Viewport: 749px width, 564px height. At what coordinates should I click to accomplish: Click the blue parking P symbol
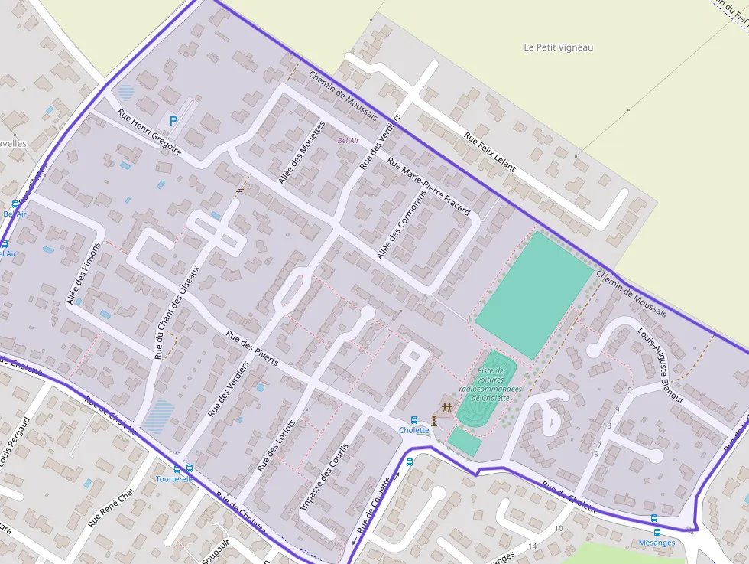173,120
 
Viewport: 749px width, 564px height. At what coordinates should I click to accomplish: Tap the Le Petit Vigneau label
558,47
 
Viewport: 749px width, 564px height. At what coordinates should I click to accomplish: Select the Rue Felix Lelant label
490,152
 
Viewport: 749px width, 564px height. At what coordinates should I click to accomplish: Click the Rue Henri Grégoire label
149,132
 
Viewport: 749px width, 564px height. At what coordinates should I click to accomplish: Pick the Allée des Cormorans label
401,223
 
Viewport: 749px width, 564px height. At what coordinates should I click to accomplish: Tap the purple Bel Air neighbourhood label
348,141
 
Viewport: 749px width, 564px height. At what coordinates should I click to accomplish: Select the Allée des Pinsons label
83,275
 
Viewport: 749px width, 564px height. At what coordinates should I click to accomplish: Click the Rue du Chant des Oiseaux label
177,312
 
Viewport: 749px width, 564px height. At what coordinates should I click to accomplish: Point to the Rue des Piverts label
252,347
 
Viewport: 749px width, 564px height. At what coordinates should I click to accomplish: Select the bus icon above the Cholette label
414,420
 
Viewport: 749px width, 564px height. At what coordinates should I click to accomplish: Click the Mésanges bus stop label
657,543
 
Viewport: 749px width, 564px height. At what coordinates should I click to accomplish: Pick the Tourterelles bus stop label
177,479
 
